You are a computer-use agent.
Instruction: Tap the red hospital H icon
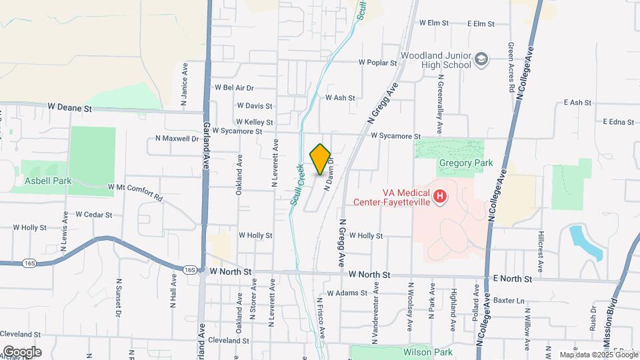pos(440,196)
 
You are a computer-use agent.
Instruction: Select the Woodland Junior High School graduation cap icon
pos(481,61)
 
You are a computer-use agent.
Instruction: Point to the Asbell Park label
pos(44,181)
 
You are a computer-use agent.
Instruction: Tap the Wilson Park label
pos(427,352)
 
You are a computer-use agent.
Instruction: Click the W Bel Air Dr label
pos(234,87)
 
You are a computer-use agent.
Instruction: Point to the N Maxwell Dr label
pos(177,139)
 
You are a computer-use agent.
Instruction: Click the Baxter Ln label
pos(510,301)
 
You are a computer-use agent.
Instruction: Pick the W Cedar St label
pos(93,215)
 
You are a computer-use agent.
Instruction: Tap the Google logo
pos(22,351)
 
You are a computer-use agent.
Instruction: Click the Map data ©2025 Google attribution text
pos(599,355)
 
